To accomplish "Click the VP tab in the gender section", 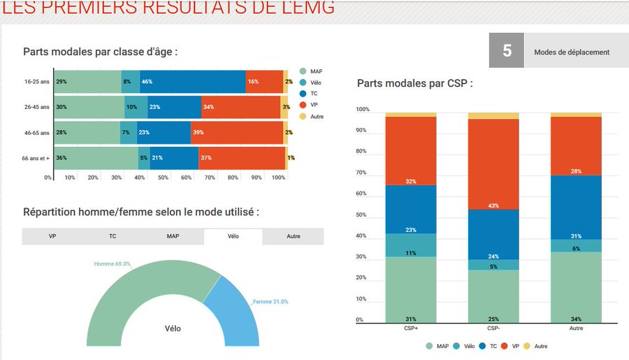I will (52, 236).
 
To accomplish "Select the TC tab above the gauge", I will (113, 236).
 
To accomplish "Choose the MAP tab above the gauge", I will (173, 236).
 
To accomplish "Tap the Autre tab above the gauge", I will (294, 236).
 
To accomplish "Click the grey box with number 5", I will (507, 51).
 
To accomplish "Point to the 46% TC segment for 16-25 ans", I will (192, 82).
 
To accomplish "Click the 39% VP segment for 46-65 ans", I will (237, 133).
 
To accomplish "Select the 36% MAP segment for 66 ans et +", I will (96, 158).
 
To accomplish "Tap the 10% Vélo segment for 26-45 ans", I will (137, 107).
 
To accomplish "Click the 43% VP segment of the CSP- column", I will (494, 164).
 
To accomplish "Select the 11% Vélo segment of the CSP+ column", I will (411, 245).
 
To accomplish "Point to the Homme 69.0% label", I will (113, 264).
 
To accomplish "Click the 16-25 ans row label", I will (36, 82).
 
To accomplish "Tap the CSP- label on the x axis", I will (493, 327).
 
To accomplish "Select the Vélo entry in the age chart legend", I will (312, 82).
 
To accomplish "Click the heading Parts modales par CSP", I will (414, 83).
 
